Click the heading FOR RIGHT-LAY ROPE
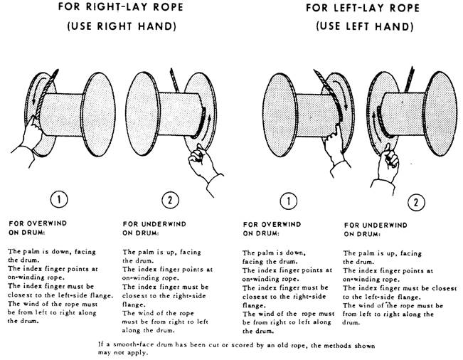click(121, 7)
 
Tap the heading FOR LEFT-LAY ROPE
click(363, 8)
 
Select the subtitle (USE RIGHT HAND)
click(122, 26)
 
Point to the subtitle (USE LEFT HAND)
click(365, 26)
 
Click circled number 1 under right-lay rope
click(59, 199)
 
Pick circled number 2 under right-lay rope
click(171, 200)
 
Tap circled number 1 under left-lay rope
click(289, 201)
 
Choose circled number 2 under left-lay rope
click(416, 202)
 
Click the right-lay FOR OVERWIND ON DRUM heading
click(38, 228)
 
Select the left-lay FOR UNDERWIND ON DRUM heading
click(376, 230)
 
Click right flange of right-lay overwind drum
click(98, 115)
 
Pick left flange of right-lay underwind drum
click(143, 114)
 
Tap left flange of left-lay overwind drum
click(280, 115)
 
